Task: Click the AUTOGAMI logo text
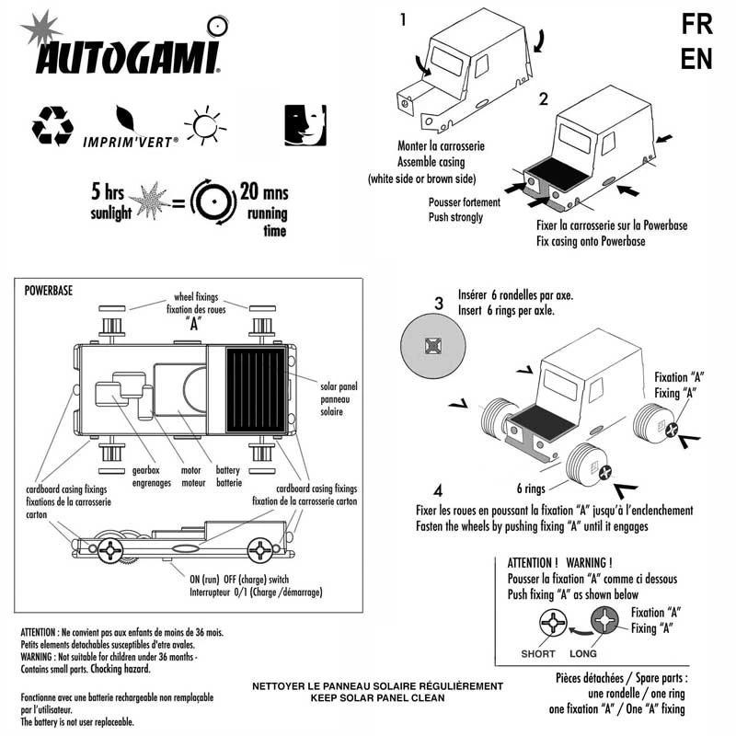click(127, 57)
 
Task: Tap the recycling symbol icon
click(52, 126)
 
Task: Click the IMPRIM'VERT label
click(131, 144)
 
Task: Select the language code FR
click(696, 25)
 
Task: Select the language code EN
click(696, 60)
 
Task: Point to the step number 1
click(402, 18)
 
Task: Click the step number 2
click(545, 99)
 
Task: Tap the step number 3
click(439, 303)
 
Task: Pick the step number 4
click(439, 489)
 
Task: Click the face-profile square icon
click(304, 124)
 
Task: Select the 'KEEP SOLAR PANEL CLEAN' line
click(378, 698)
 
